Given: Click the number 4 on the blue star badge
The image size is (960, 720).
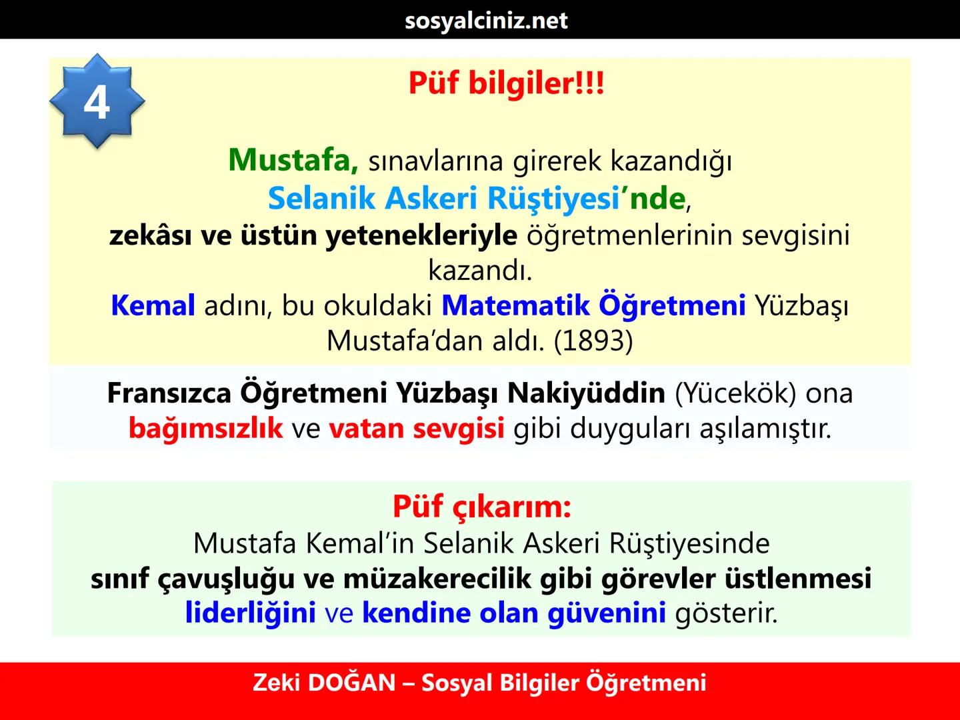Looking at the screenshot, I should [97, 103].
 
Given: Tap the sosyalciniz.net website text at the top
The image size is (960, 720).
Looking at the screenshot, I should [486, 20].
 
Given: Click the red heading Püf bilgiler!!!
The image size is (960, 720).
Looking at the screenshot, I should [506, 84].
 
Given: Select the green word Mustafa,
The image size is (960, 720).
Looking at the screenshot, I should [293, 160].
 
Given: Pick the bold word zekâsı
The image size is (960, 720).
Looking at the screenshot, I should [151, 235].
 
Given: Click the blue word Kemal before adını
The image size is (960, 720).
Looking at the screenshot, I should [153, 305].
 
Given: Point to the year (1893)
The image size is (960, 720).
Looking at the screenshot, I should [593, 341].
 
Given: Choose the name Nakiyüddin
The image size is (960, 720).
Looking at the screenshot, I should [586, 393].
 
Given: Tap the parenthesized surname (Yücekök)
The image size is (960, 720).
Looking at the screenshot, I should [735, 393].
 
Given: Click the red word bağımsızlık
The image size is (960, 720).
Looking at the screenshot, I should [205, 428].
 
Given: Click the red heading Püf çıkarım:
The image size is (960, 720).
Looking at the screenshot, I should [481, 507].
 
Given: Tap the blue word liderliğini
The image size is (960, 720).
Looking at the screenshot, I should [250, 613].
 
